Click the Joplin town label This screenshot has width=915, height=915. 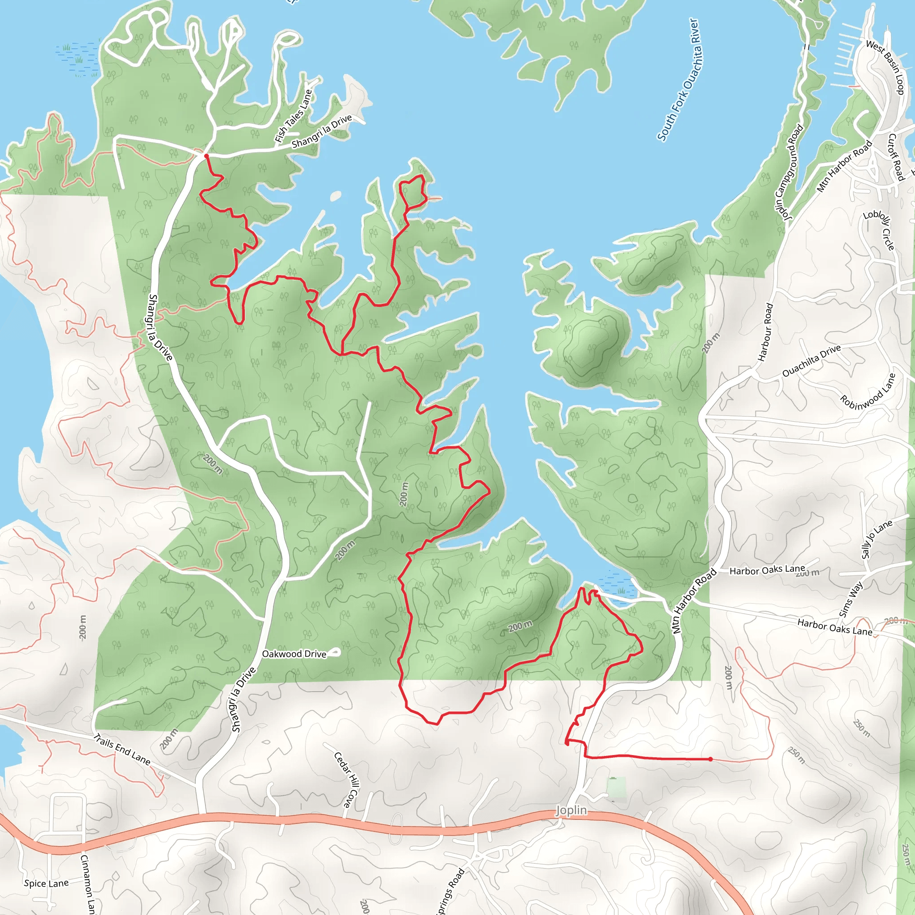[x=571, y=810]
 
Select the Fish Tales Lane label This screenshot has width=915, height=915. [x=294, y=117]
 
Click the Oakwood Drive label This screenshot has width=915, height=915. [x=294, y=654]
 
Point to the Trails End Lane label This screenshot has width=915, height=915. [x=122, y=749]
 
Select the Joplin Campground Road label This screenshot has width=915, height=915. [x=789, y=172]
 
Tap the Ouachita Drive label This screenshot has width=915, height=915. [x=811, y=361]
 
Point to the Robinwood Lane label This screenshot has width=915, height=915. [x=868, y=391]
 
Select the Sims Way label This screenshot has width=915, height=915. [x=851, y=599]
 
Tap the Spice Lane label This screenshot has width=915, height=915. [x=46, y=883]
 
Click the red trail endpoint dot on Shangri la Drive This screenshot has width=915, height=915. [x=206, y=156]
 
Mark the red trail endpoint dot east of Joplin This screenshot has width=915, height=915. [x=710, y=759]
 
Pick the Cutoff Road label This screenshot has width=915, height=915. [x=896, y=157]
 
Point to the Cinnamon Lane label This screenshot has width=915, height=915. [x=88, y=884]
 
